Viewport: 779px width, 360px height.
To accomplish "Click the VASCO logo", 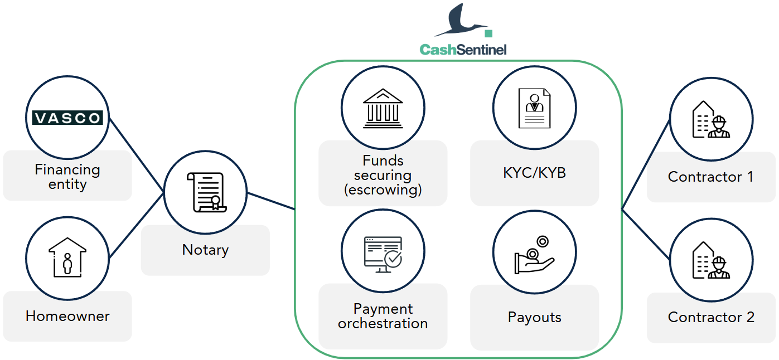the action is point(67,118).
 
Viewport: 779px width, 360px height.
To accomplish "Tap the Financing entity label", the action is point(67,177).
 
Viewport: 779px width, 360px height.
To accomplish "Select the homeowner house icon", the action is point(67,257).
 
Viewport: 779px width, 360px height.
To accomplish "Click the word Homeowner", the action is point(67,316).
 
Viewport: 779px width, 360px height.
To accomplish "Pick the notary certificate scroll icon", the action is point(207,192).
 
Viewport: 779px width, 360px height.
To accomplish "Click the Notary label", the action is point(206,250).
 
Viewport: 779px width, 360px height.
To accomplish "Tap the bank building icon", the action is point(383,109).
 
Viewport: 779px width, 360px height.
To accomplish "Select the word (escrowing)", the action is point(383,190).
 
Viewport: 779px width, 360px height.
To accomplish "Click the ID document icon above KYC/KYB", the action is point(535,108).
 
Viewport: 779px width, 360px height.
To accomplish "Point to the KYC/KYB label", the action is point(535,173).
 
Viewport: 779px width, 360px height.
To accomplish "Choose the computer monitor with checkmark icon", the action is point(383,255).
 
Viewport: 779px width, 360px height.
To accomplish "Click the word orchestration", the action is point(383,324).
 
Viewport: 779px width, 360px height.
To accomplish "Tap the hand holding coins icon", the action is point(534,255).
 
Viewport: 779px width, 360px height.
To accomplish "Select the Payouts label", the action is point(535,317).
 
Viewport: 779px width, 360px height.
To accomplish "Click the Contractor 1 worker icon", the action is point(711,120).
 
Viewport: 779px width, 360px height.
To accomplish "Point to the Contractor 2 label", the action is point(711,317).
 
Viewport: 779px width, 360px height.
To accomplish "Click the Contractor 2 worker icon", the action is point(711,260).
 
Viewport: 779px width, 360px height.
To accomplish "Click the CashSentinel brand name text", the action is point(463,50).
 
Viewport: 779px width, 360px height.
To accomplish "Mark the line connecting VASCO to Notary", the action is point(136,155).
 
